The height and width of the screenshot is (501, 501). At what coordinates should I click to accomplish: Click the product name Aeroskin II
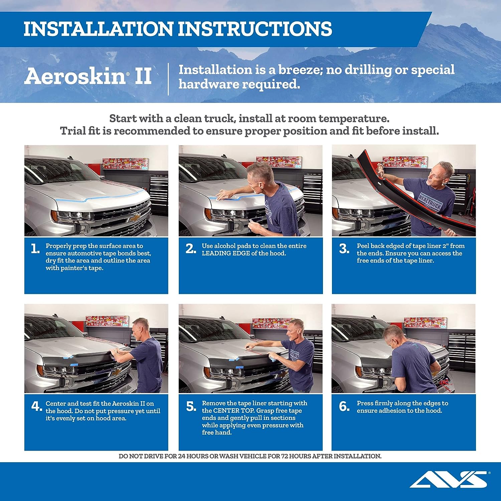(x=88, y=76)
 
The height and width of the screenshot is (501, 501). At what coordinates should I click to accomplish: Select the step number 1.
(x=35, y=248)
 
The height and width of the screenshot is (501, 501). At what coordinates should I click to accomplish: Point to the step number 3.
(x=344, y=248)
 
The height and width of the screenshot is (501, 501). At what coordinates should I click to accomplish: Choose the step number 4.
(x=37, y=406)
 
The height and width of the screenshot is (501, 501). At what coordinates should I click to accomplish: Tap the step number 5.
(x=191, y=406)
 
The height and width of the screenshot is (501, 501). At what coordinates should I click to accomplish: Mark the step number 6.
(x=344, y=406)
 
